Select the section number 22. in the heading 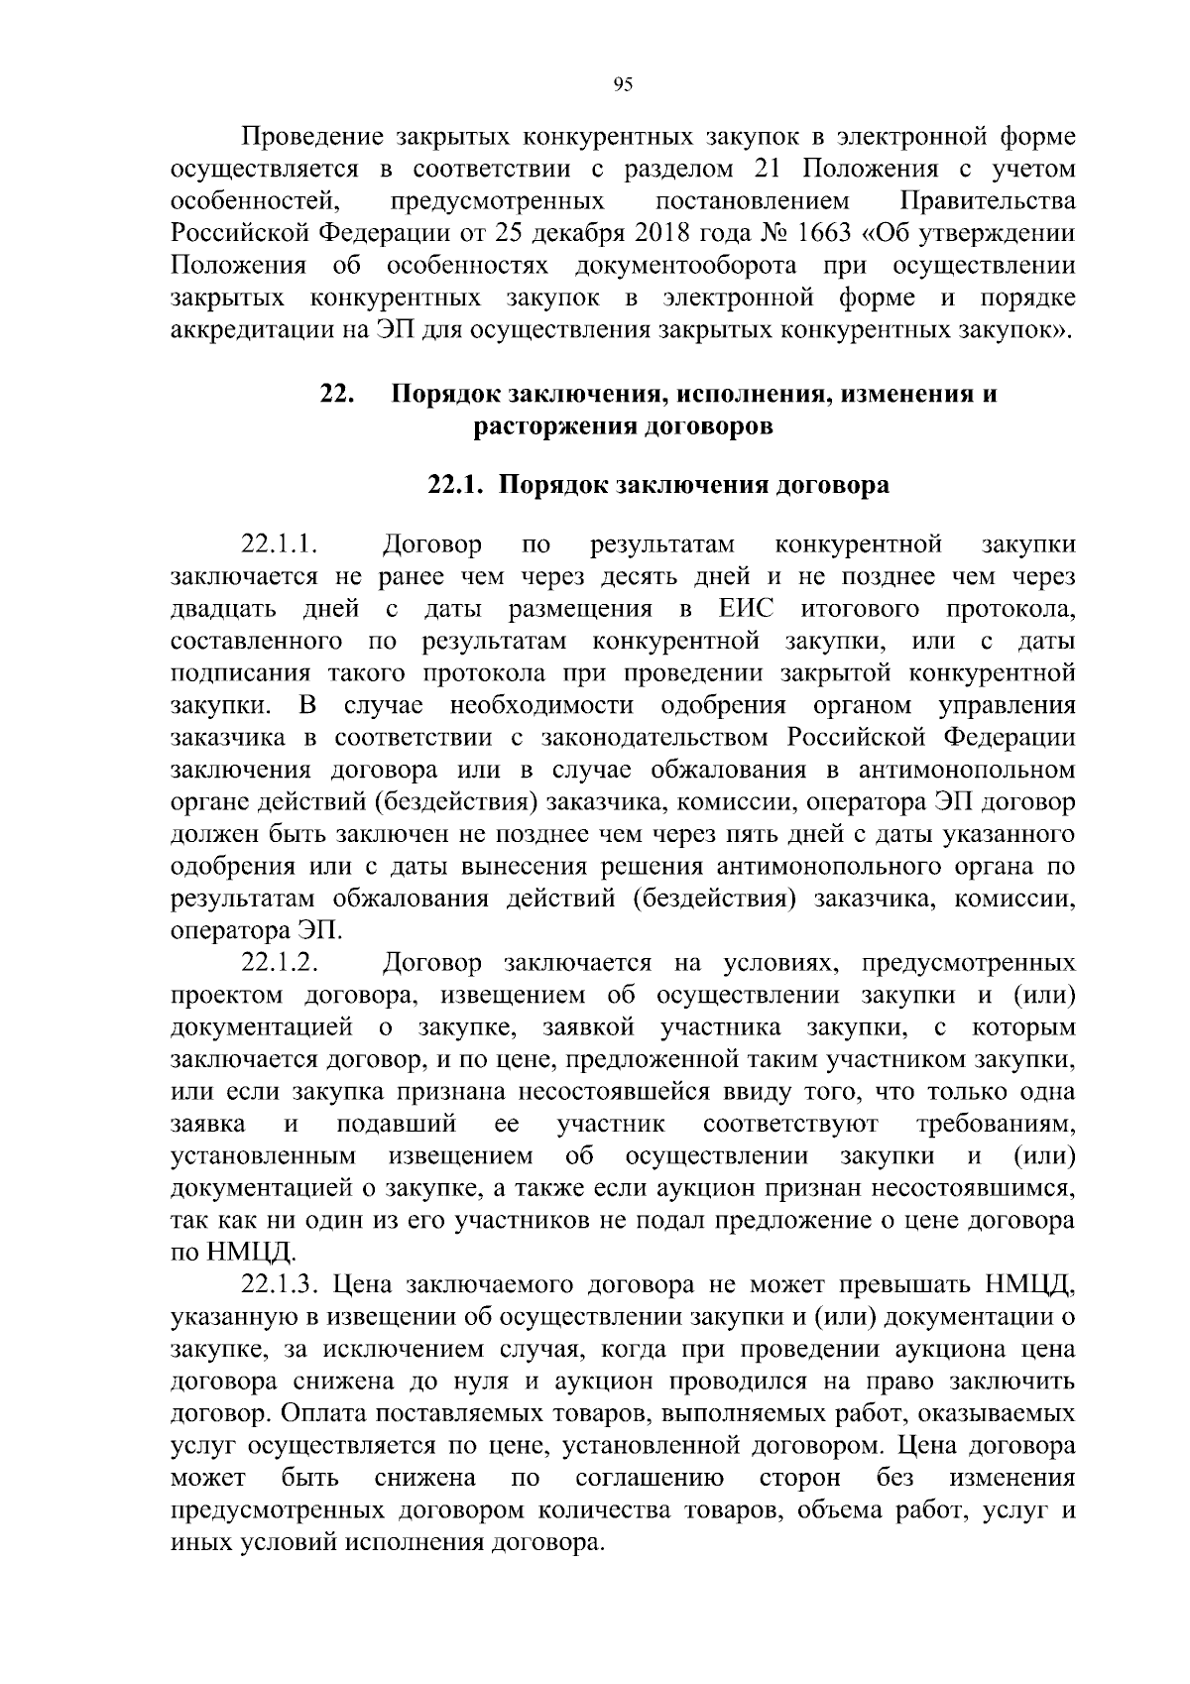tap(337, 394)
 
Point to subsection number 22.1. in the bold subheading tap(455, 485)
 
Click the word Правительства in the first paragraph tap(987, 201)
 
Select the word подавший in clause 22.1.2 tap(397, 1124)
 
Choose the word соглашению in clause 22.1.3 tap(650, 1479)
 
